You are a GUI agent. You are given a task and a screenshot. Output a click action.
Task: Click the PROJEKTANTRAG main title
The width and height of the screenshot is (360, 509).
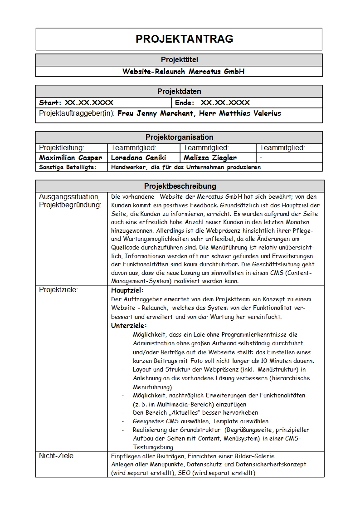184,39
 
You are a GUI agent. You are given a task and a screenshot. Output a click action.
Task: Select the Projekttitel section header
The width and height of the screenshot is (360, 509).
179,59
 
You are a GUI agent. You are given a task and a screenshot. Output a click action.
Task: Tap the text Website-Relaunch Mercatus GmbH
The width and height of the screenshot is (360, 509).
184,71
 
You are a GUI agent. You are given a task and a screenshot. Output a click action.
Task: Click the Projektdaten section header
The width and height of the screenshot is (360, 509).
179,91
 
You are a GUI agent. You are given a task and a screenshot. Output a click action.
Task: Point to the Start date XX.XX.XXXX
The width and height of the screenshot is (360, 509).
89,103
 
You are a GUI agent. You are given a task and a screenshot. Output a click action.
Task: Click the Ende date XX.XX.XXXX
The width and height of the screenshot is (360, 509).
225,103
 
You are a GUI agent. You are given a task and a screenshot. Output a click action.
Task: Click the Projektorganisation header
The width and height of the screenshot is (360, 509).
179,137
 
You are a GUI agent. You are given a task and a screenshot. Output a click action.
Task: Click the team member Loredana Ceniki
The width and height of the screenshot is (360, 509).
138,158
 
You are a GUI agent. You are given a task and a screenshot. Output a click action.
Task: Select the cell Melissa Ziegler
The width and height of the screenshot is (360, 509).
210,158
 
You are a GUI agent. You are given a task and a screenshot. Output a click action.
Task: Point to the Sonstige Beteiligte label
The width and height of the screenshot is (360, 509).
68,167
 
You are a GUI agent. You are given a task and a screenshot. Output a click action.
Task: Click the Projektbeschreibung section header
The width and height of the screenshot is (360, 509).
180,186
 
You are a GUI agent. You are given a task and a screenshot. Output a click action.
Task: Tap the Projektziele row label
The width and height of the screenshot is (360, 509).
58,289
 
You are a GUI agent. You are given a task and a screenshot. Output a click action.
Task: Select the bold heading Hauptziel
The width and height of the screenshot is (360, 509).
127,290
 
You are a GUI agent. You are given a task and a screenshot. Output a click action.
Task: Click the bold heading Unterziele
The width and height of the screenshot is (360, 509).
129,325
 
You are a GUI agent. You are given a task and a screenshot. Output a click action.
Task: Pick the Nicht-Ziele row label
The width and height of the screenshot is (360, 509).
56,455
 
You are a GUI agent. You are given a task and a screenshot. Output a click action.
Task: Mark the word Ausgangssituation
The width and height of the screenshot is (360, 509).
69,196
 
